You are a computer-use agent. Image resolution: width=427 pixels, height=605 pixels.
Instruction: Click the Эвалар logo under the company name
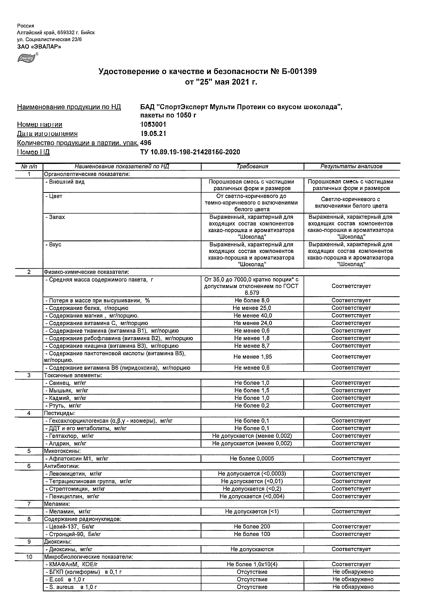27,58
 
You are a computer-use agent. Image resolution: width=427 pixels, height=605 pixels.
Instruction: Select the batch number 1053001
153,124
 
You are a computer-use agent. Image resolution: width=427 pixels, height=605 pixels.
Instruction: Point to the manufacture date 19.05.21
153,134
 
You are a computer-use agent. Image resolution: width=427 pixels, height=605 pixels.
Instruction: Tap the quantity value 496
146,143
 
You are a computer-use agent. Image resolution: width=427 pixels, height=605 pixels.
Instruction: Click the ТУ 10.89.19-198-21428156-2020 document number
190,152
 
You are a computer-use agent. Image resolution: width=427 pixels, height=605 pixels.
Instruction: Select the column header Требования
252,167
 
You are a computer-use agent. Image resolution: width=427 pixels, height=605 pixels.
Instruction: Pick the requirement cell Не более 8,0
252,300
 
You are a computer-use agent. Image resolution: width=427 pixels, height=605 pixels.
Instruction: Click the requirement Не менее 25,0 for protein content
252,308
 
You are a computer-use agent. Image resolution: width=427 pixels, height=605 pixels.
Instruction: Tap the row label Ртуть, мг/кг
65,405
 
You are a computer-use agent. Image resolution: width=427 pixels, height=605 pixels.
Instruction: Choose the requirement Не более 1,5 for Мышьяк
252,390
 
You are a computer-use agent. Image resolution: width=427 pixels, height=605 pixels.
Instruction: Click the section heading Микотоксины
62,451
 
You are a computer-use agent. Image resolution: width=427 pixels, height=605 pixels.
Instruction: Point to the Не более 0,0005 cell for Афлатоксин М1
252,459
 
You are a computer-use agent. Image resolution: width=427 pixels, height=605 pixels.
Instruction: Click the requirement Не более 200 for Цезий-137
252,527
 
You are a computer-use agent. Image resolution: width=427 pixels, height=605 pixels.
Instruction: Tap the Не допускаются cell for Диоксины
252,549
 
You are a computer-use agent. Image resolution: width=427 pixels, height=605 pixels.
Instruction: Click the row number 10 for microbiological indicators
29,557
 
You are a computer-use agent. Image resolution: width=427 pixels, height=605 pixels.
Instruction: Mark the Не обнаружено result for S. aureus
353,587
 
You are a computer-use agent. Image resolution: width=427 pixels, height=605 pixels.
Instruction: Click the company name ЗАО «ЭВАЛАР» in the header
39,47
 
